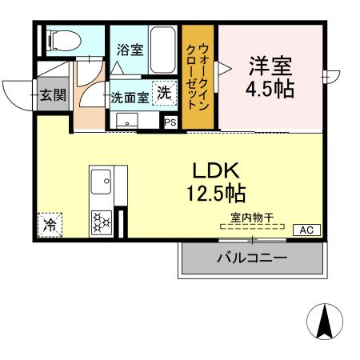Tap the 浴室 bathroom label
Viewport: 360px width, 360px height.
[x=130, y=50]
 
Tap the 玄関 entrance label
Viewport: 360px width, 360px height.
[x=53, y=95]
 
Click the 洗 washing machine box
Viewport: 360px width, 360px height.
[x=163, y=93]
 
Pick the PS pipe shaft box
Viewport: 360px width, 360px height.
[x=170, y=122]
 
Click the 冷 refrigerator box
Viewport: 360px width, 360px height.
[x=50, y=226]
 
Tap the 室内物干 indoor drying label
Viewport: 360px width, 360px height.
[x=252, y=217]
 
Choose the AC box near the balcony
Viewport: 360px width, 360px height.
[x=306, y=230]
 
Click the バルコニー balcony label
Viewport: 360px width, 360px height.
[x=252, y=258]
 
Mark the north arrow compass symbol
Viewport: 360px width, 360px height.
[x=325, y=322]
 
